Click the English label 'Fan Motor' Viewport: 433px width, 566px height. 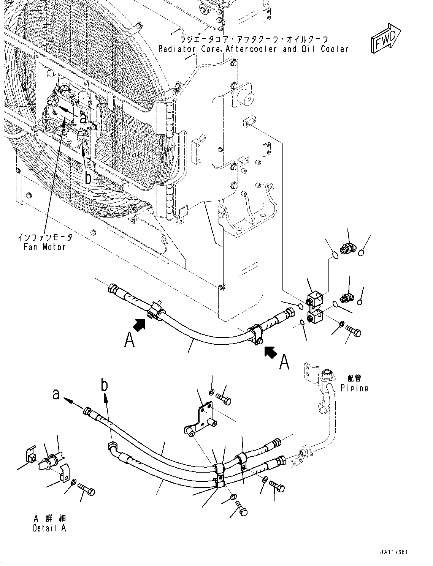[44, 247]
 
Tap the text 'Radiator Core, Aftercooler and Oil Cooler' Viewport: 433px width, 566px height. [253, 49]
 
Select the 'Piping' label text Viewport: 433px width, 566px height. [354, 388]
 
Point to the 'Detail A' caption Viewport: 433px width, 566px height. [49, 528]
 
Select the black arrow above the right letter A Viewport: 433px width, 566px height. [270, 352]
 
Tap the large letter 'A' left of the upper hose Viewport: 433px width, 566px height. [129, 340]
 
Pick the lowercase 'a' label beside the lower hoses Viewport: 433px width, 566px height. [56, 395]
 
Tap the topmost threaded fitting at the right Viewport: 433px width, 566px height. [348, 250]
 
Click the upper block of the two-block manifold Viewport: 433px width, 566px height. [315, 298]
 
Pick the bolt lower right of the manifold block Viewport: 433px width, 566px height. [353, 331]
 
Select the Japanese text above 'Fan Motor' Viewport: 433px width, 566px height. [45, 238]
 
